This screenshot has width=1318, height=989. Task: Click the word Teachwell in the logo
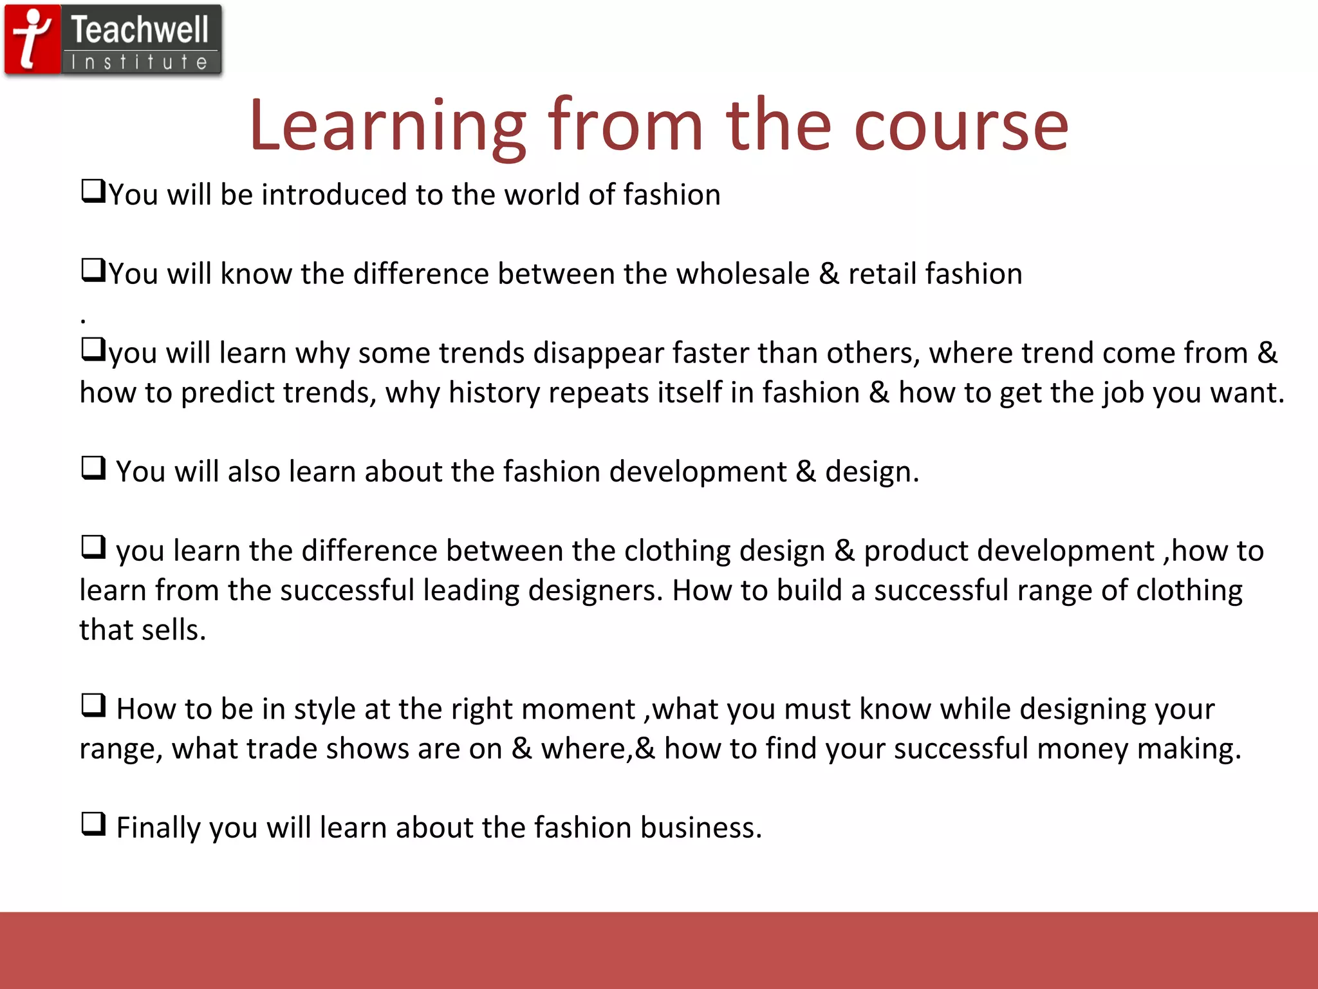click(x=140, y=30)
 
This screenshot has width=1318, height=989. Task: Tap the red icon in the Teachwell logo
click(x=32, y=39)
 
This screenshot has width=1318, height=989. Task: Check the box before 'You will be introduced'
click(x=93, y=191)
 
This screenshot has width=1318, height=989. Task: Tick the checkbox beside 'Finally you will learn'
click(x=93, y=824)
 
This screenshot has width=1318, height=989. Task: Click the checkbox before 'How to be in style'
click(x=93, y=705)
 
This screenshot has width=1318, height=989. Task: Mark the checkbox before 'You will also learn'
click(x=93, y=468)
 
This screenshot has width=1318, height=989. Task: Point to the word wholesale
click(x=743, y=274)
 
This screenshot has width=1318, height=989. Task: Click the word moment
click(x=578, y=709)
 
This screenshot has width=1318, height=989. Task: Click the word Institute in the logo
click(x=140, y=62)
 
